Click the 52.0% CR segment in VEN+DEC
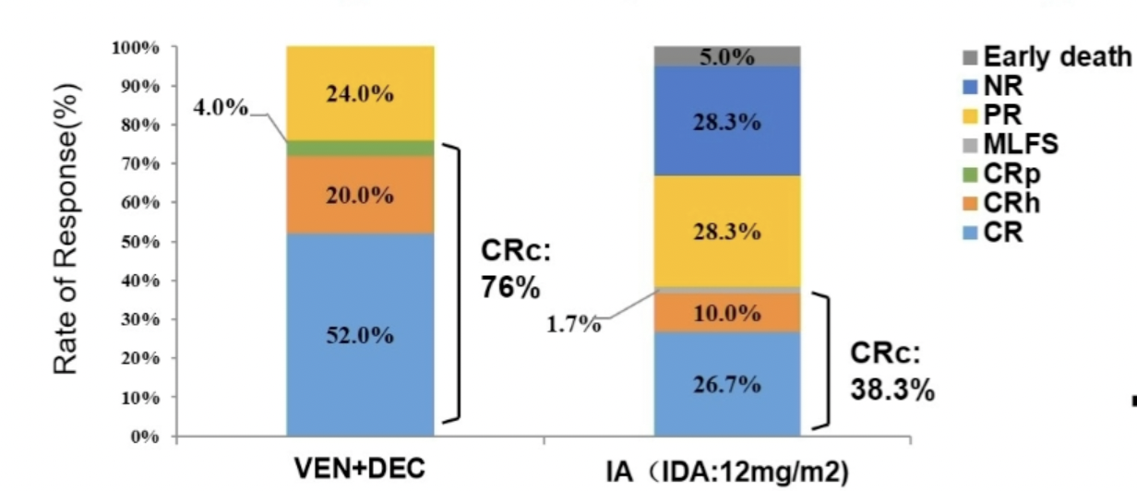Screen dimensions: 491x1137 (360, 334)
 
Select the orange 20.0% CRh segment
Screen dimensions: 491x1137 (360, 195)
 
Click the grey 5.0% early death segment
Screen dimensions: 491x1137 (727, 56)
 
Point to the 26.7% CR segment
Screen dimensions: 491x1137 (727, 383)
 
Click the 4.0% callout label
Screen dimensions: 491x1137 (220, 108)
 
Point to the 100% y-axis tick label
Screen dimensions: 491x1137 (135, 47)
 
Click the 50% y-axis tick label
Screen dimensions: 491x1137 (138, 242)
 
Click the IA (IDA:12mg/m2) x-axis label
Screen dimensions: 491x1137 (726, 470)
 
